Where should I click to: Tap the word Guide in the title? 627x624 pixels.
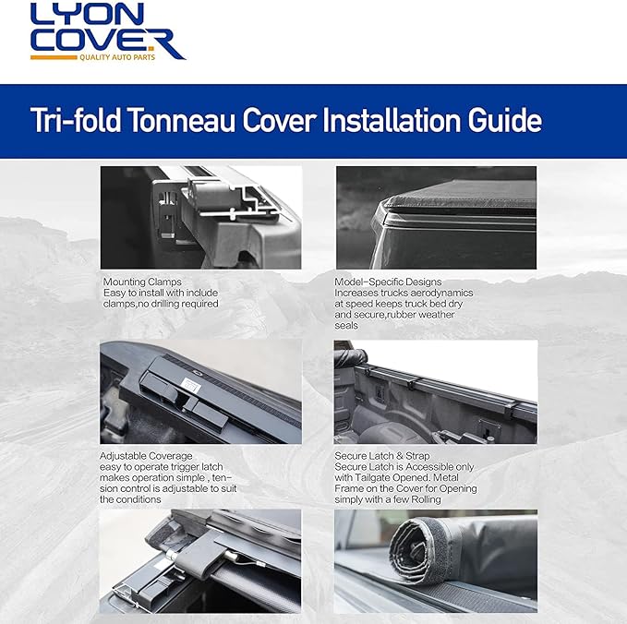[498, 121]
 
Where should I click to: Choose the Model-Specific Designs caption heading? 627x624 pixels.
[388, 282]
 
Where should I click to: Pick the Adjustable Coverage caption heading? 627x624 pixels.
[146, 456]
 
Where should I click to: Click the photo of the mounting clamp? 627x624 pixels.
[200, 217]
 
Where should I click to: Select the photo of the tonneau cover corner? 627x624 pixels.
[436, 217]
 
